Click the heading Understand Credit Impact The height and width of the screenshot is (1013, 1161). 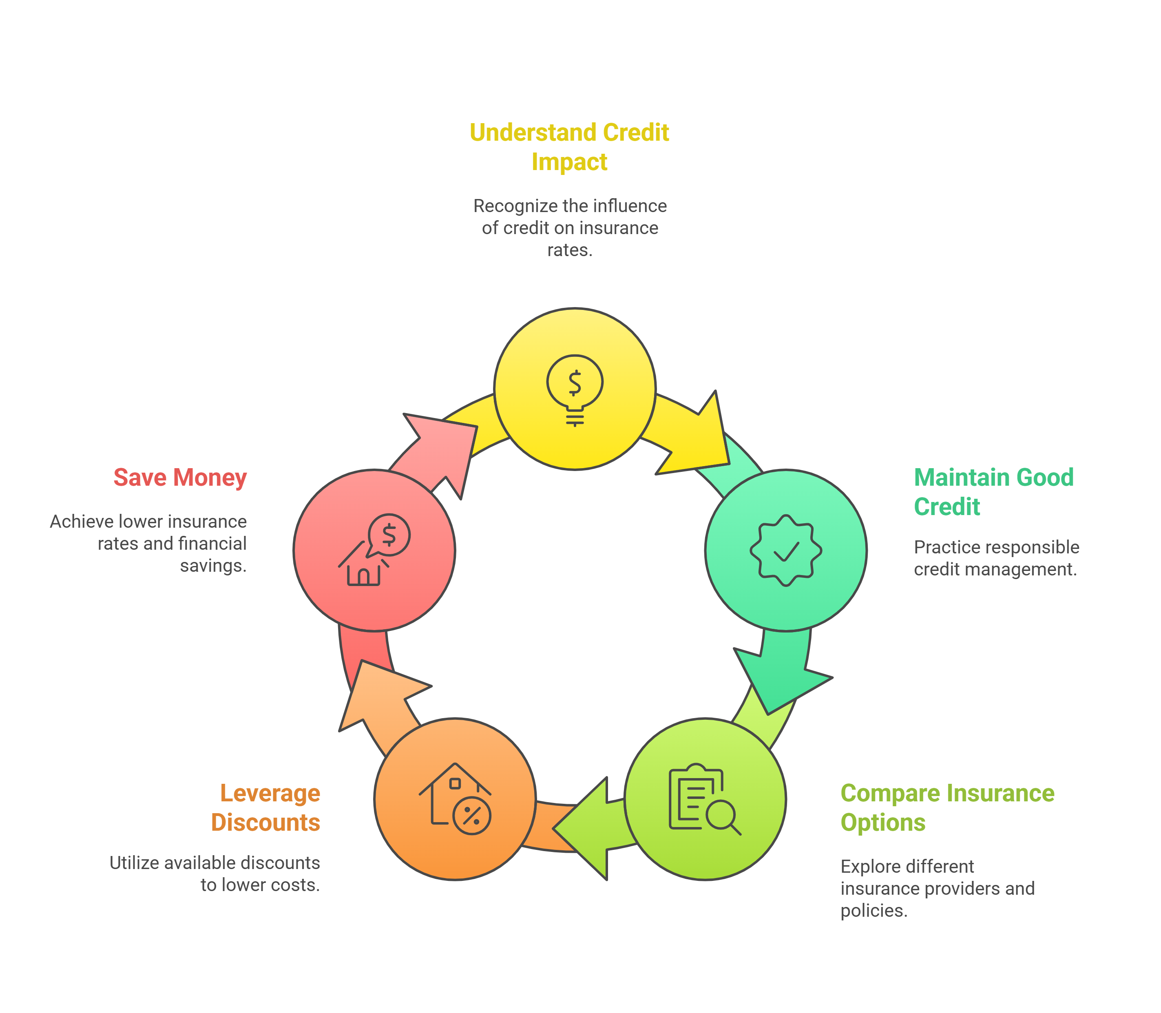click(x=569, y=146)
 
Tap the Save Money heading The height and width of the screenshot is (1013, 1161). click(x=180, y=478)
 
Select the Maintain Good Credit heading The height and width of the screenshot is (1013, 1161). click(x=993, y=492)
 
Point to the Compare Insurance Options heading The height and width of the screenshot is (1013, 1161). click(x=947, y=807)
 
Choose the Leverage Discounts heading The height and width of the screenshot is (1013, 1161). click(x=265, y=807)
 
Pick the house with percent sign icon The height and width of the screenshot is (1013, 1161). click(x=455, y=799)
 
